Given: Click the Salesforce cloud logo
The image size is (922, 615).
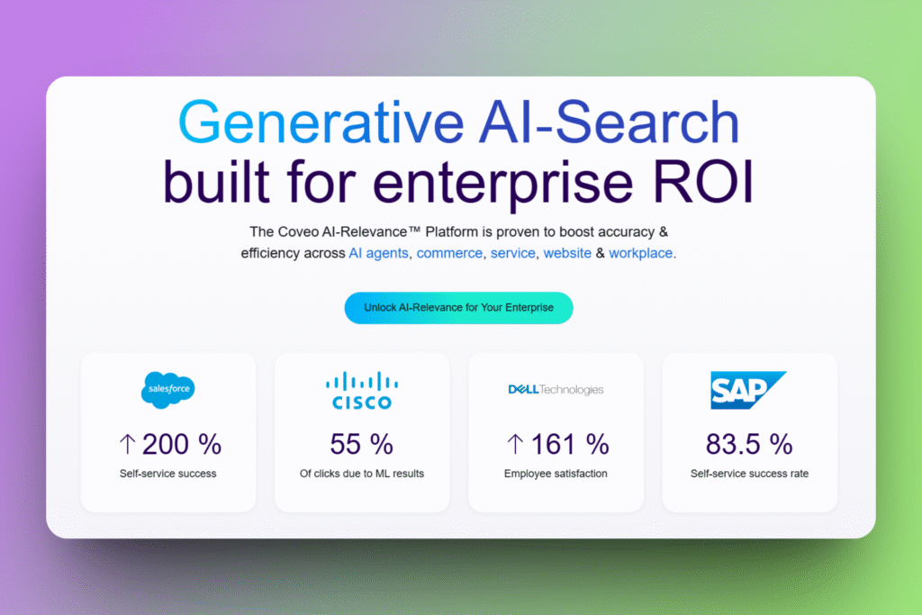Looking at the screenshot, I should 168,390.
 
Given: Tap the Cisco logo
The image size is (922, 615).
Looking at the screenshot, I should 361,391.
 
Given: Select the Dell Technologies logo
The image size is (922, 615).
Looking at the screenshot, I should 556,390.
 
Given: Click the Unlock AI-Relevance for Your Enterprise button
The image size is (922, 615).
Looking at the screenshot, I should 458,308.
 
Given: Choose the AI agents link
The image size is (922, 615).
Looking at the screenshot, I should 379,253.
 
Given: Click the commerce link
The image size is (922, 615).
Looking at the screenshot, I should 449,253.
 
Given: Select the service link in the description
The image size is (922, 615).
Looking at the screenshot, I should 512,253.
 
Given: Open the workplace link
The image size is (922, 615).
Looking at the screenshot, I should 640,253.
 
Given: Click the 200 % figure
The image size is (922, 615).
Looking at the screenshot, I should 181,444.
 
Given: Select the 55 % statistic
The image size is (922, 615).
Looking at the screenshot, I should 361,444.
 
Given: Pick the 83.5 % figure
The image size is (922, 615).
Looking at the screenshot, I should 749,444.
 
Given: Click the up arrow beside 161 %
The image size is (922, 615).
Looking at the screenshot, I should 515,444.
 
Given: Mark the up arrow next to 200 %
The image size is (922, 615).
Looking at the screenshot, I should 127,444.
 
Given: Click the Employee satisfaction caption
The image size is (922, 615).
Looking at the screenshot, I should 556,474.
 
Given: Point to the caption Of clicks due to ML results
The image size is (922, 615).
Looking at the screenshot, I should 361,474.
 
